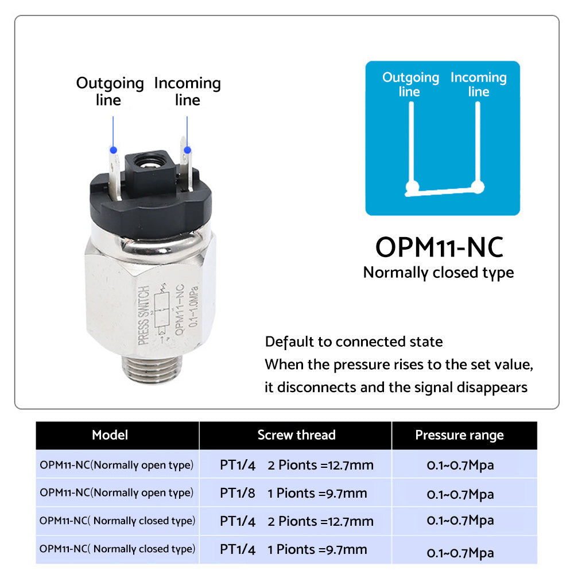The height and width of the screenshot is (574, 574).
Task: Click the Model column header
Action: pos(110,435)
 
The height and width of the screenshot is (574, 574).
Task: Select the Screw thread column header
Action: pos(296,435)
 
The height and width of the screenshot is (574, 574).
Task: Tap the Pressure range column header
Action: pos(459,435)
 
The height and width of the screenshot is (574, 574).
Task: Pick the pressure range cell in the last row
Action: pos(460,553)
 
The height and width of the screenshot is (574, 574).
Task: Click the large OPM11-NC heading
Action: pos(439,247)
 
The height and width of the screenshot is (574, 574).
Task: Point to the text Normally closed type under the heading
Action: pos(439,272)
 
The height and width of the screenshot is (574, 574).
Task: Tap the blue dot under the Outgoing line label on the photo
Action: pos(113,150)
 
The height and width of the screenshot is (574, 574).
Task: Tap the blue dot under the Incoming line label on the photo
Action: pos(187,150)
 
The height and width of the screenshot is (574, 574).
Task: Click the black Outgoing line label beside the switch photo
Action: pos(110,91)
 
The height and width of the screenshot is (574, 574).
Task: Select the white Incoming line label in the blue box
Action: pos(478,84)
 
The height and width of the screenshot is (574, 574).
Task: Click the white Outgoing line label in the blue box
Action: pos(410,84)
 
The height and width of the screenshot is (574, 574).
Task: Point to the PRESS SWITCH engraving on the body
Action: pos(145,315)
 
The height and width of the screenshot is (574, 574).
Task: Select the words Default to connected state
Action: pos(354,342)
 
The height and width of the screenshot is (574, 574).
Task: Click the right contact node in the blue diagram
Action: pos(477,186)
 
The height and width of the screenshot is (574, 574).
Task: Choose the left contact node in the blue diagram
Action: pos(410,187)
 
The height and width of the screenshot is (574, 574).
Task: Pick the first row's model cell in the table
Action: pos(117,464)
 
